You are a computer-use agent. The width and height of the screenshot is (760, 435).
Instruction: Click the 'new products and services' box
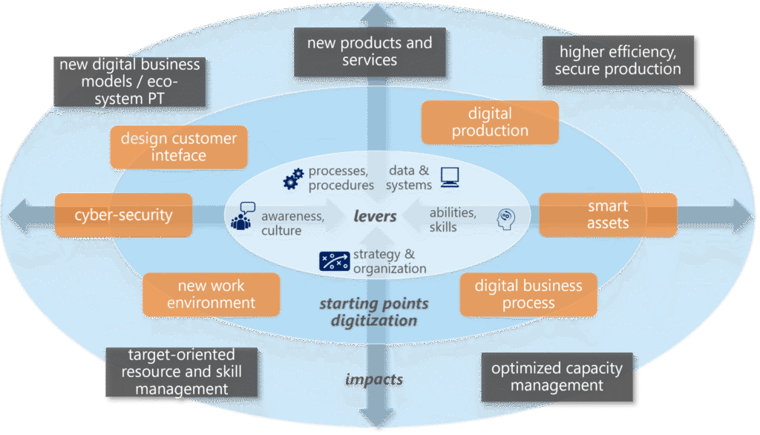(370, 52)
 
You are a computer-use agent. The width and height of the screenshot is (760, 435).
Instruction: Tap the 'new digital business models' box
(130, 82)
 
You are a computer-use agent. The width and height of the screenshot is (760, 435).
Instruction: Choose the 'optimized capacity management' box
(557, 377)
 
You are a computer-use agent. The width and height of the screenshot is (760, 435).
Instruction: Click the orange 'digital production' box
(490, 122)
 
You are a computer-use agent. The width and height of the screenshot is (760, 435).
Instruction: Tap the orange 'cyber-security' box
(123, 215)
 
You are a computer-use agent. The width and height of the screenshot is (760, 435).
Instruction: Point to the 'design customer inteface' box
(178, 147)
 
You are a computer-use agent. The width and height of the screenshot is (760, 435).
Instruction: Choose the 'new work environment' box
(211, 294)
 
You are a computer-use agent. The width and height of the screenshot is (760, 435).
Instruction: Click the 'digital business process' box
(528, 294)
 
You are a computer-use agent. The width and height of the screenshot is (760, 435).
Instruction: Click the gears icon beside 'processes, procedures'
(294, 178)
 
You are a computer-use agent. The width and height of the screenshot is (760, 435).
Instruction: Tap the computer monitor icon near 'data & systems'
(450, 177)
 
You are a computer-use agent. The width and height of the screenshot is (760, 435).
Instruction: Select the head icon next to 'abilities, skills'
(505, 217)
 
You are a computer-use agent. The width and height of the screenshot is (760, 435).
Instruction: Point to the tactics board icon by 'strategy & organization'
(334, 261)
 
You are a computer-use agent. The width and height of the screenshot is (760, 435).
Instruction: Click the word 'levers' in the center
(376, 217)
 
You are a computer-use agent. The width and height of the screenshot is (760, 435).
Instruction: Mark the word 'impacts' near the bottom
(374, 380)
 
